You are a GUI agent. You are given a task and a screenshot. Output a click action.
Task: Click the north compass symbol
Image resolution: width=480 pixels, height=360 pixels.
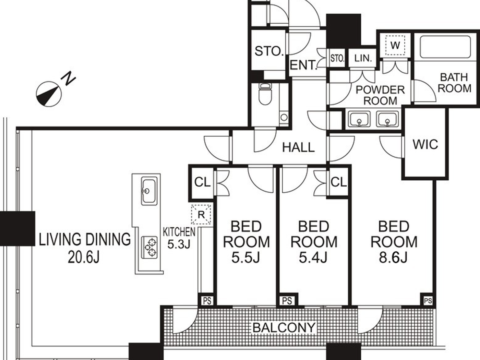[x=49, y=93]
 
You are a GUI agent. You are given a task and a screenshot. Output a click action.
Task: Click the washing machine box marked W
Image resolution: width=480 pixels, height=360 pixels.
[x=395, y=45]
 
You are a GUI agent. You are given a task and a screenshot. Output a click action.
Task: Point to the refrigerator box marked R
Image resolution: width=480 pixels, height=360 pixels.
[x=201, y=215]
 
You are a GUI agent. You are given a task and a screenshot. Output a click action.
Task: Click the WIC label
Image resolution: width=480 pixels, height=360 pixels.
[x=425, y=144]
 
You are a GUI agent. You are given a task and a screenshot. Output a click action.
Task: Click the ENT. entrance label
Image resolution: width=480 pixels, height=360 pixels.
[x=303, y=65]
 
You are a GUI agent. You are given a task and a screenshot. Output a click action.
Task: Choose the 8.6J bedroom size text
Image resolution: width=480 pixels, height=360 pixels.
[x=393, y=257]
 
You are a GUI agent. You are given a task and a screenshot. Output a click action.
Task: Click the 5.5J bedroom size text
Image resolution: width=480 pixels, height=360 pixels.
[x=245, y=257]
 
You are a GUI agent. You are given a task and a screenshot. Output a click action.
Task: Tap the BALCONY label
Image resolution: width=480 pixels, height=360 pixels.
[x=284, y=327]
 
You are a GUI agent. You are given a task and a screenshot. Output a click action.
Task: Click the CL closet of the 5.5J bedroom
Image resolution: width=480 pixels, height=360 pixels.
[x=202, y=182]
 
